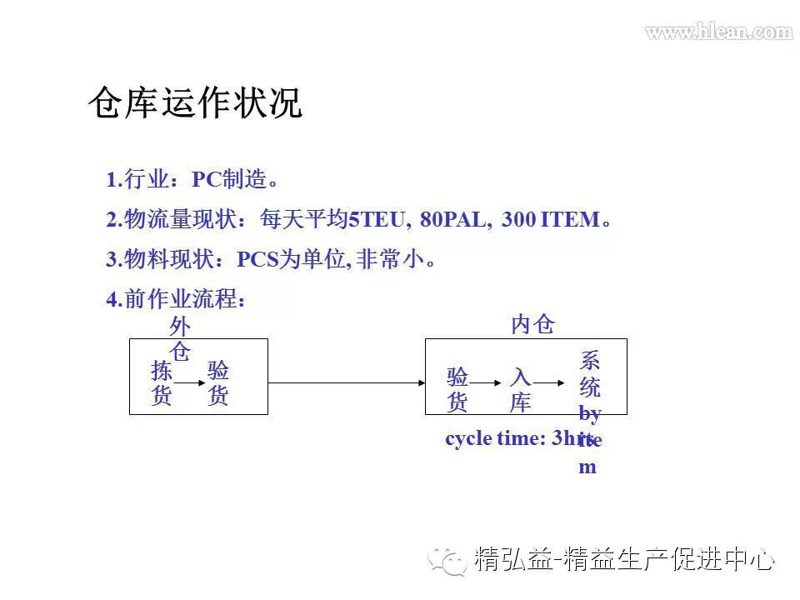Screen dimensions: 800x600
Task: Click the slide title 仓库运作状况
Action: coord(195,104)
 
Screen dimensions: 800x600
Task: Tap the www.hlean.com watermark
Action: coord(718,32)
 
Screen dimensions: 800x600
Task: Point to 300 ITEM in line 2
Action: coord(550,220)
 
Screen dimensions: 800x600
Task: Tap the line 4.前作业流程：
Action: coord(177,299)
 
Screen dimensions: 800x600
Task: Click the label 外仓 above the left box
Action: coord(180,337)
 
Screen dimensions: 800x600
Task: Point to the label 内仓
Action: coord(532,324)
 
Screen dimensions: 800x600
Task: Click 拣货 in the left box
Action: coord(162,383)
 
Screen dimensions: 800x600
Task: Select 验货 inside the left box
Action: coord(218,383)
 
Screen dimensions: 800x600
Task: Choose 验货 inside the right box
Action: coord(457,390)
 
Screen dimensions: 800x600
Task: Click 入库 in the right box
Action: coord(520,390)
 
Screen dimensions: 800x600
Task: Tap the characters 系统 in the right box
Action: coord(590,374)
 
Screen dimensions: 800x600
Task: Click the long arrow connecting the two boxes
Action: coord(347,383)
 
